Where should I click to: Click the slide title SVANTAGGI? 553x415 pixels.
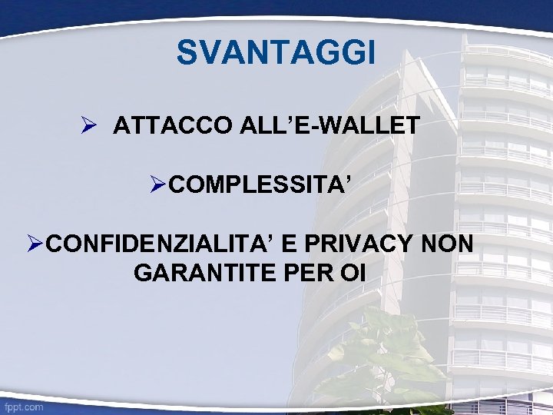tap(276, 54)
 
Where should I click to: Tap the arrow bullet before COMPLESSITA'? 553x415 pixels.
tap(158, 184)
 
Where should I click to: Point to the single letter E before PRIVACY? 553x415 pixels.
tap(290, 244)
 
